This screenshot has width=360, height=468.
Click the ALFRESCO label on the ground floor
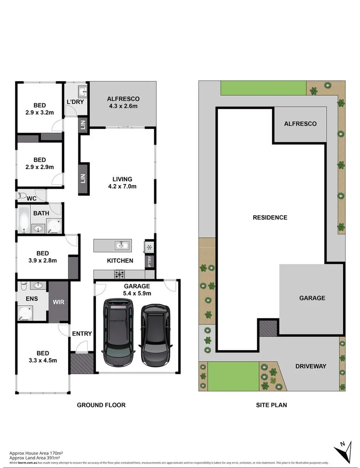[123, 99]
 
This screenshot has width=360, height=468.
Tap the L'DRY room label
[75, 102]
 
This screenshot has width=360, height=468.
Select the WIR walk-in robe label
[59, 302]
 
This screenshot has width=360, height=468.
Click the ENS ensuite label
[25, 297]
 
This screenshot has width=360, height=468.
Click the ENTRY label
[82, 333]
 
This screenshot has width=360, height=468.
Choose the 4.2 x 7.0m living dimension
[122, 187]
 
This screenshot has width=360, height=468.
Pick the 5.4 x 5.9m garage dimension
[137, 294]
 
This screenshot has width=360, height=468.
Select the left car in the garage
[118, 332]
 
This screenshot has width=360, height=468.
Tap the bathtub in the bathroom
[23, 220]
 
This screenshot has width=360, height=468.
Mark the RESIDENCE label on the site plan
[270, 217]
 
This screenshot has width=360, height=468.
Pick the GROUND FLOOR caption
[101, 405]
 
